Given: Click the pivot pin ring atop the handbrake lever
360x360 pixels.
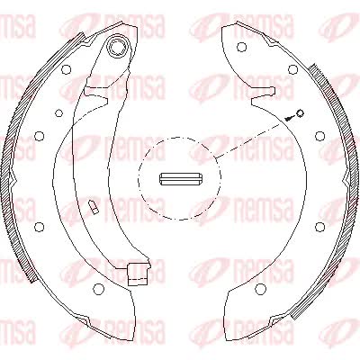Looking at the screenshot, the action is (119, 46).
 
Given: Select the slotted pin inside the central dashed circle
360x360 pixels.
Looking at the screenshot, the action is (180, 179).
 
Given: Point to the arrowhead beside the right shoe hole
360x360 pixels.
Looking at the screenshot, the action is (289, 118).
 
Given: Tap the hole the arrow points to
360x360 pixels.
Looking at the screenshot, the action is (300, 113).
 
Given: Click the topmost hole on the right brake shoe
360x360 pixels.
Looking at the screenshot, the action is (241, 47).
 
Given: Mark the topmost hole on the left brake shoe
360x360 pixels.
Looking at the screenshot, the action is (67, 69).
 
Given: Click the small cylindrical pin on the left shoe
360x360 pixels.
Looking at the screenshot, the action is (93, 207).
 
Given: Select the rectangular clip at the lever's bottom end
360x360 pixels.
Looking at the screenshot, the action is (138, 274).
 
